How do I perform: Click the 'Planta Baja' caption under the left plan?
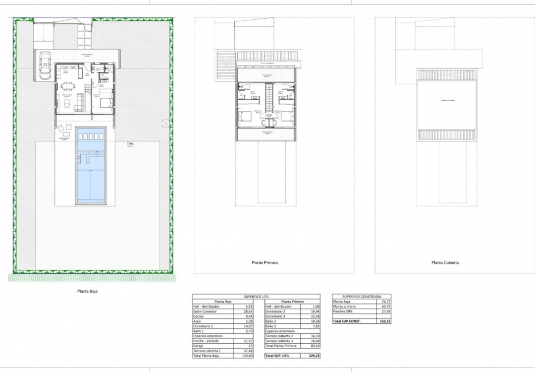[87, 292]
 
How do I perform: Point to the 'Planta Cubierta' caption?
[444, 263]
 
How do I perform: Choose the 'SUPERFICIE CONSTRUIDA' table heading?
[361, 297]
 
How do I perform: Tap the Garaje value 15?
[251, 346]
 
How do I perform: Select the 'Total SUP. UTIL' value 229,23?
[313, 356]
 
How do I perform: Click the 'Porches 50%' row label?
[343, 311]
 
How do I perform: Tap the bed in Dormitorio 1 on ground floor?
[106, 103]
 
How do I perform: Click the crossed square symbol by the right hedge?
[164, 123]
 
